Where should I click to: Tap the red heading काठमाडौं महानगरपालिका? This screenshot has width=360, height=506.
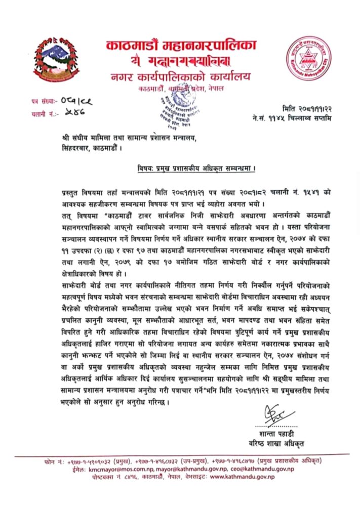pyautogui.click(x=181, y=47)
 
